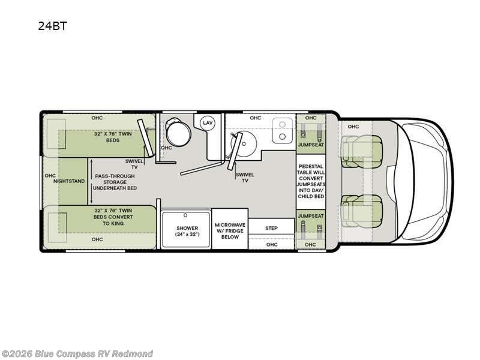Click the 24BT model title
pyautogui.click(x=52, y=26)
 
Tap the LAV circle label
pyautogui.click(x=208, y=123)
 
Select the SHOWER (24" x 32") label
pyautogui.click(x=187, y=231)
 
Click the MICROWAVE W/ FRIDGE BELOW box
pyautogui.click(x=230, y=229)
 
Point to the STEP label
pyautogui.click(x=271, y=228)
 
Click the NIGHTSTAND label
pyautogui.click(x=69, y=181)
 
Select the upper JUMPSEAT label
pyautogui.click(x=311, y=145)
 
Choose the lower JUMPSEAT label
pyautogui.click(x=311, y=216)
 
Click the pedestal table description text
pyautogui.click(x=311, y=181)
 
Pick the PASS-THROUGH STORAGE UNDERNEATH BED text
pyautogui.click(x=115, y=182)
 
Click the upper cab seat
pyautogui.click(x=362, y=151)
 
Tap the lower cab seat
pyautogui.click(x=362, y=212)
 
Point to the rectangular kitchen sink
pyautogui.click(x=282, y=130)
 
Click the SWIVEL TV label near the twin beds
pyautogui.click(x=134, y=164)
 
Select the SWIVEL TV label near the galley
pyautogui.click(x=245, y=178)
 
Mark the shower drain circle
pyautogui.click(x=185, y=215)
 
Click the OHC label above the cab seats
pyautogui.click(x=353, y=127)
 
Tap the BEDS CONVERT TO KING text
pyautogui.click(x=113, y=220)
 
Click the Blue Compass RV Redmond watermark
pyautogui.click(x=77, y=354)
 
